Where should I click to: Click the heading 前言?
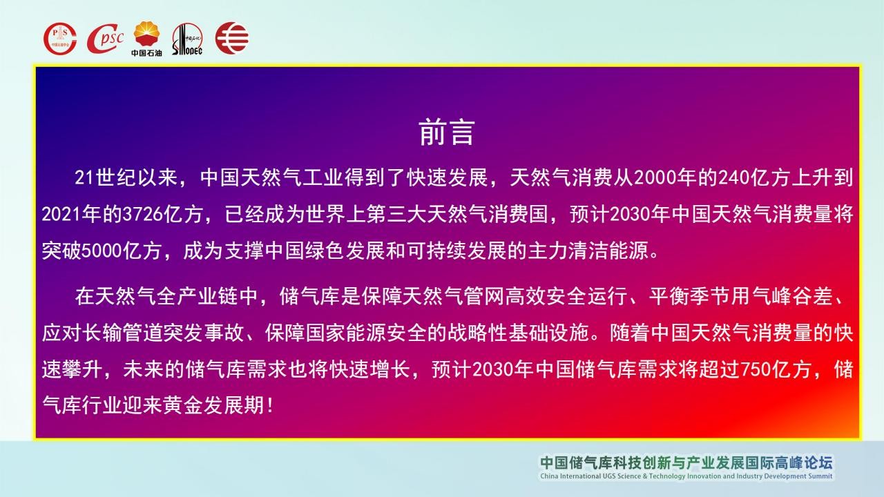(447, 133)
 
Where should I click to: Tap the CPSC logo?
(105, 38)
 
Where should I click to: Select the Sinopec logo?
(187, 39)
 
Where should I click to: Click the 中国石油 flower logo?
(147, 39)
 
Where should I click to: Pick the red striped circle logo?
(231, 38)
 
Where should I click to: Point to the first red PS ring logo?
(60, 39)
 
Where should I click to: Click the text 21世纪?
(106, 178)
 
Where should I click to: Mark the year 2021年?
(71, 215)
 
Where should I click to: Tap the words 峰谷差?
(803, 297)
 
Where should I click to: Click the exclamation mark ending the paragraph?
(270, 406)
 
